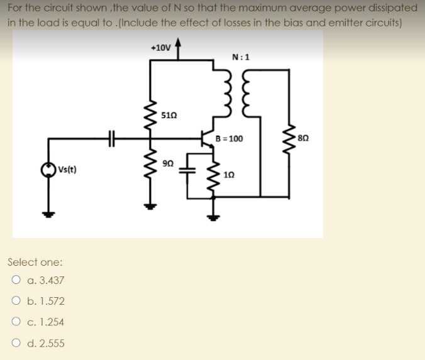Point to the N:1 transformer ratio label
click(240, 57)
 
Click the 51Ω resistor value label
click(169, 116)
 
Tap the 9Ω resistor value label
click(167, 163)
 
